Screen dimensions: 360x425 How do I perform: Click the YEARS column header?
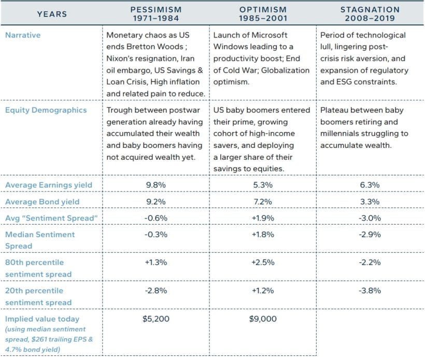(52, 14)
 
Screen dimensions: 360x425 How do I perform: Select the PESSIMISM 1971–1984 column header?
(155, 14)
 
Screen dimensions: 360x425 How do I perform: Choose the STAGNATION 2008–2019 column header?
(370, 14)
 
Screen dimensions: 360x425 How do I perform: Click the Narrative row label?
(23, 36)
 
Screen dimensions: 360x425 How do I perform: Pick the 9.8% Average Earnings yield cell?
(155, 185)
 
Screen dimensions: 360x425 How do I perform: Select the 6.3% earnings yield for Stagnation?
(370, 185)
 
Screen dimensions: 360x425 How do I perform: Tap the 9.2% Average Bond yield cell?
(155, 201)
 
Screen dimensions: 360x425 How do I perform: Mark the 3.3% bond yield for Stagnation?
(370, 201)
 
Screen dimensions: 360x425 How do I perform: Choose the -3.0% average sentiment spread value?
(370, 218)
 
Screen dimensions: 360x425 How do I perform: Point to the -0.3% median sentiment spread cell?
(155, 234)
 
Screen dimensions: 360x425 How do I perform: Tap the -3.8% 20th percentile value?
(370, 290)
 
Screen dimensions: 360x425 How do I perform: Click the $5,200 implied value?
(155, 319)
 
